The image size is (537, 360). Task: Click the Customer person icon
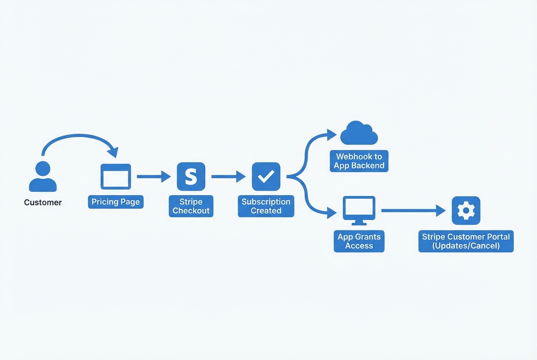click(x=42, y=177)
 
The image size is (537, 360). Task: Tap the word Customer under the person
click(x=42, y=202)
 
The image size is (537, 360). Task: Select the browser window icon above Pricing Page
click(x=116, y=176)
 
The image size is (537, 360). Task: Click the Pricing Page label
click(x=116, y=202)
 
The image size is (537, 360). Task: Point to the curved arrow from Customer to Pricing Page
click(x=76, y=137)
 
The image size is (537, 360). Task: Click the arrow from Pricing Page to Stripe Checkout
click(x=153, y=176)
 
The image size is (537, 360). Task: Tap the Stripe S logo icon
click(x=191, y=176)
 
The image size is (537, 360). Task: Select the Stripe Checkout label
click(x=191, y=206)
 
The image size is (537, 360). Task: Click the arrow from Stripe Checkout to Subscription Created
click(x=228, y=176)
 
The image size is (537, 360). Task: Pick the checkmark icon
click(x=266, y=176)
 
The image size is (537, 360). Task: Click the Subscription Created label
click(x=266, y=206)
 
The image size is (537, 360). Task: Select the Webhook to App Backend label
click(x=359, y=161)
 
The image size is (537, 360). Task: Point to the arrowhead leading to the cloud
click(x=332, y=135)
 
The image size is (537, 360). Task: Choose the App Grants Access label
click(x=359, y=241)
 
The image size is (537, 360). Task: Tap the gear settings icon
click(x=466, y=210)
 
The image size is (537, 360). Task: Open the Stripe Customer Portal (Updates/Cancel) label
click(x=466, y=241)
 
